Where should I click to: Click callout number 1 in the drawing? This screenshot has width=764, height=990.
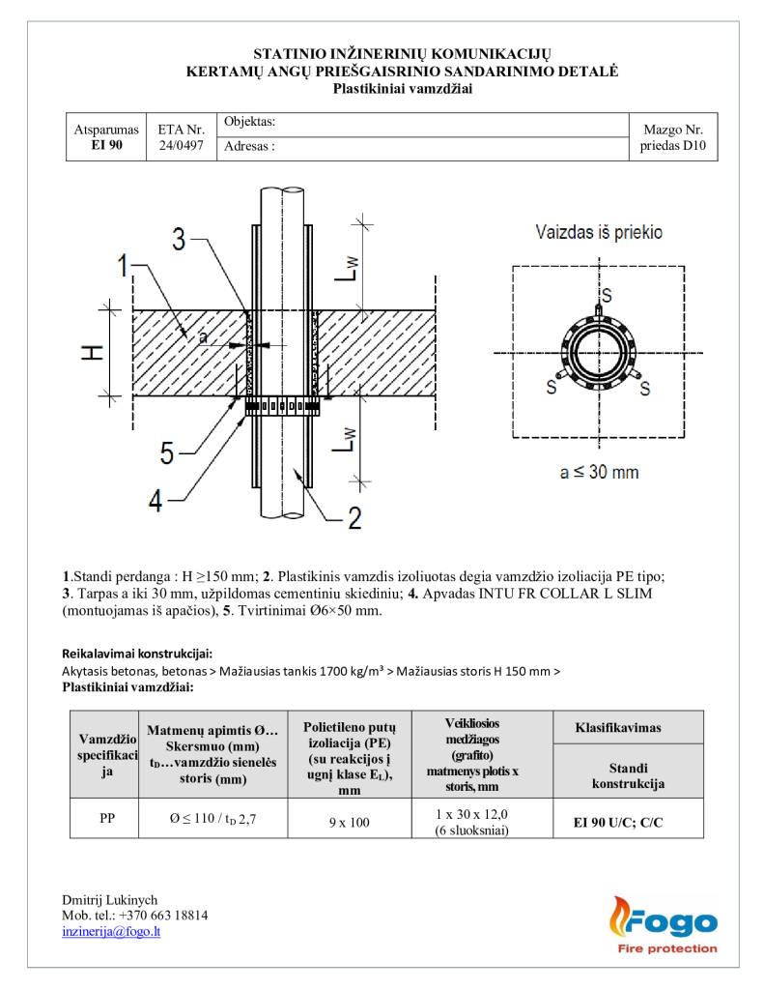click(x=123, y=264)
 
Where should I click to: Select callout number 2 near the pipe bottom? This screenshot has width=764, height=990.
click(x=354, y=517)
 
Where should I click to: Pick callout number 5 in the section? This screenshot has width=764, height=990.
click(x=166, y=451)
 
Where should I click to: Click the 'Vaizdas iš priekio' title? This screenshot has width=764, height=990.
click(x=599, y=233)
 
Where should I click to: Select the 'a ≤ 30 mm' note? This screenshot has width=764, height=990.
click(x=599, y=473)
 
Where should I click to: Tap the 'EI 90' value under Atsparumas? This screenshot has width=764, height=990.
click(x=106, y=145)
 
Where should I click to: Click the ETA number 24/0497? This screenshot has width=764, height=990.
click(x=181, y=146)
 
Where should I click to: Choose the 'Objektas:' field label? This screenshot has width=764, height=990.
click(x=250, y=122)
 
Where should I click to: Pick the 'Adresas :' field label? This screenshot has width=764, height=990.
click(x=250, y=147)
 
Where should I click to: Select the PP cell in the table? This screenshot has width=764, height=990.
click(x=107, y=818)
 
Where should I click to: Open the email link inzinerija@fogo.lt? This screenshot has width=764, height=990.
click(x=111, y=931)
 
